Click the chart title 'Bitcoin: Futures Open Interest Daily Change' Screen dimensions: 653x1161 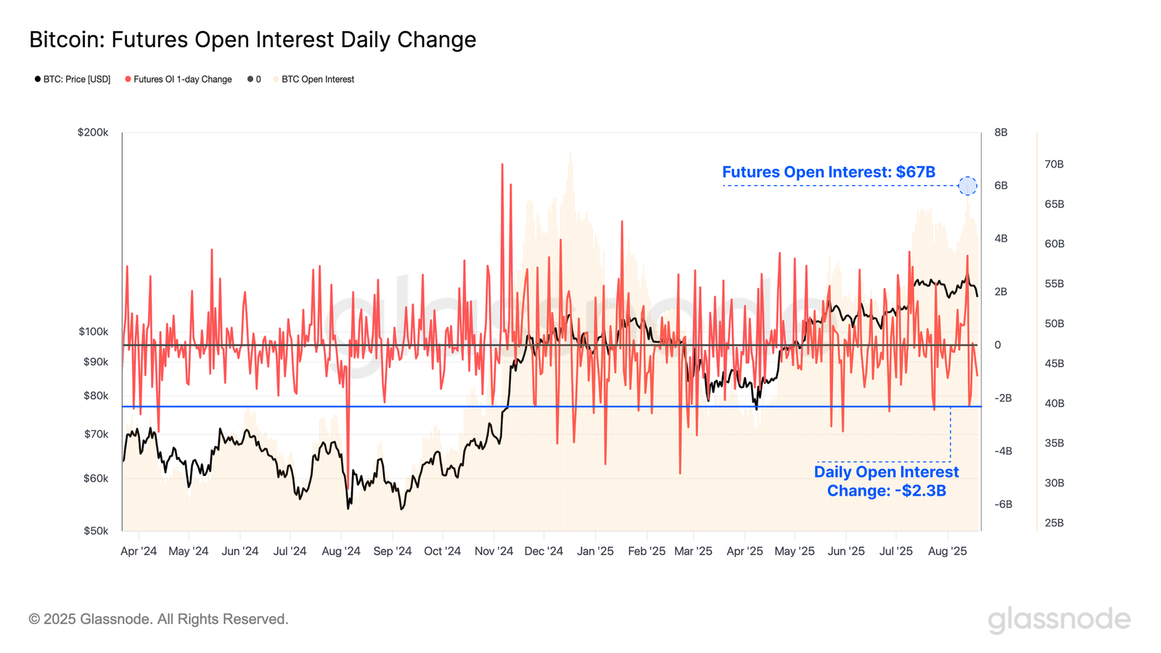coord(253,40)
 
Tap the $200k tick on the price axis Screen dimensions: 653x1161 coord(93,133)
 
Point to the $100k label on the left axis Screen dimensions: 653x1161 coord(93,332)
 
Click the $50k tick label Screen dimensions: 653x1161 coord(96,530)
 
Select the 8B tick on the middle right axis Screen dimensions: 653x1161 coord(1001,133)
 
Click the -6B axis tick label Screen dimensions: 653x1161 coord(1003,504)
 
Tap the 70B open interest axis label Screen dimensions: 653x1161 coord(1054,165)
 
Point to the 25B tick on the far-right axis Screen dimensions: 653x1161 coord(1054,522)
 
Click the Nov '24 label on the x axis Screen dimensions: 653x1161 coord(493,551)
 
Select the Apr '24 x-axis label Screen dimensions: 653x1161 coord(139,551)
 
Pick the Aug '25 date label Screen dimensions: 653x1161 coord(947,551)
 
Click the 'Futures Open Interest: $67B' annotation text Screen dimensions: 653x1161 coord(828,172)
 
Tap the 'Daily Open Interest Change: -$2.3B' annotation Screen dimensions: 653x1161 coord(886,481)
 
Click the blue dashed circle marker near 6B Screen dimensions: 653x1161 coord(967,186)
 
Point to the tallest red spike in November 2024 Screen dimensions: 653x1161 coord(502,165)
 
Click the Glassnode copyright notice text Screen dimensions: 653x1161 coord(158,619)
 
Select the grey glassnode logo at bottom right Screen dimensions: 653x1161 coord(1059,620)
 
